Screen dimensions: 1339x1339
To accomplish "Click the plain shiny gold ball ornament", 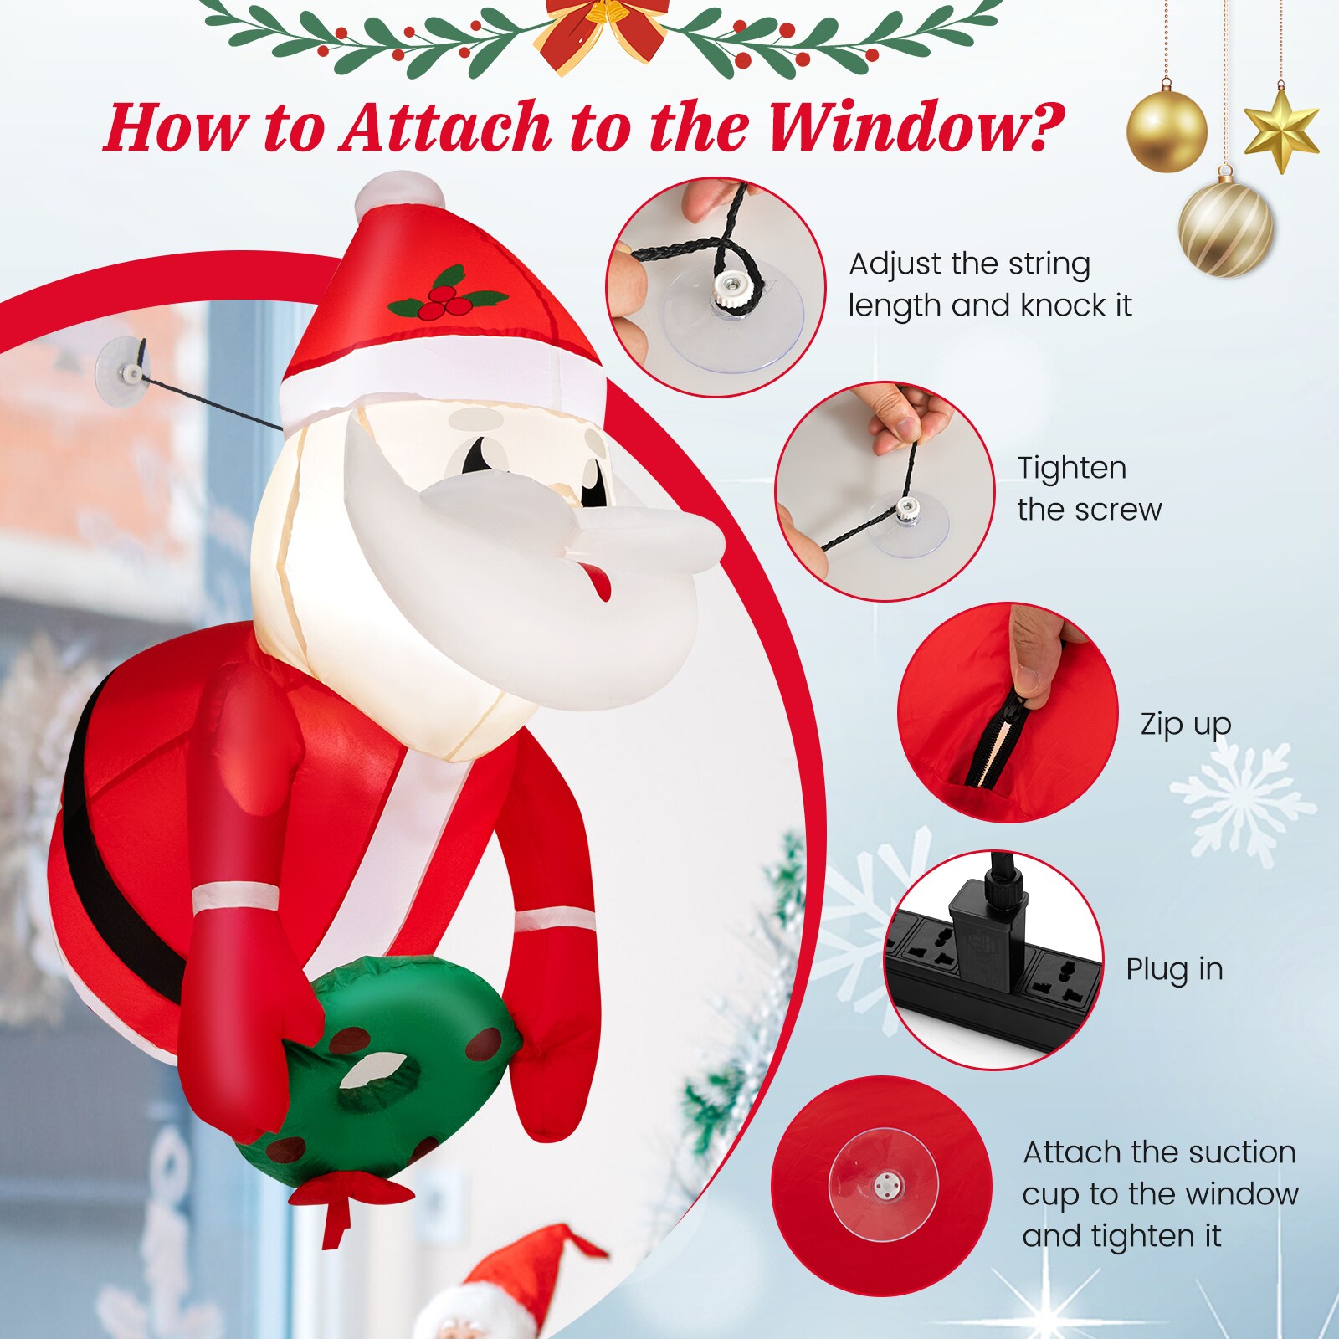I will click(x=1167, y=131).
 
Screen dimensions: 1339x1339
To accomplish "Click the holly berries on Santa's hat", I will click(x=445, y=303).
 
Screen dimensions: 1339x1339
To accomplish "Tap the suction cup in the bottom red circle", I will click(x=884, y=1184).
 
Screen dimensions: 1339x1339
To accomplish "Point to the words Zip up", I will click(x=1185, y=725).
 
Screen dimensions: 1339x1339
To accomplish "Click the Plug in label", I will click(x=1173, y=969).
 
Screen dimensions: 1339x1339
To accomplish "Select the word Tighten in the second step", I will click(x=1071, y=468).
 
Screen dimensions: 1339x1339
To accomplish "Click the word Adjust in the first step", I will click(x=894, y=264).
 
